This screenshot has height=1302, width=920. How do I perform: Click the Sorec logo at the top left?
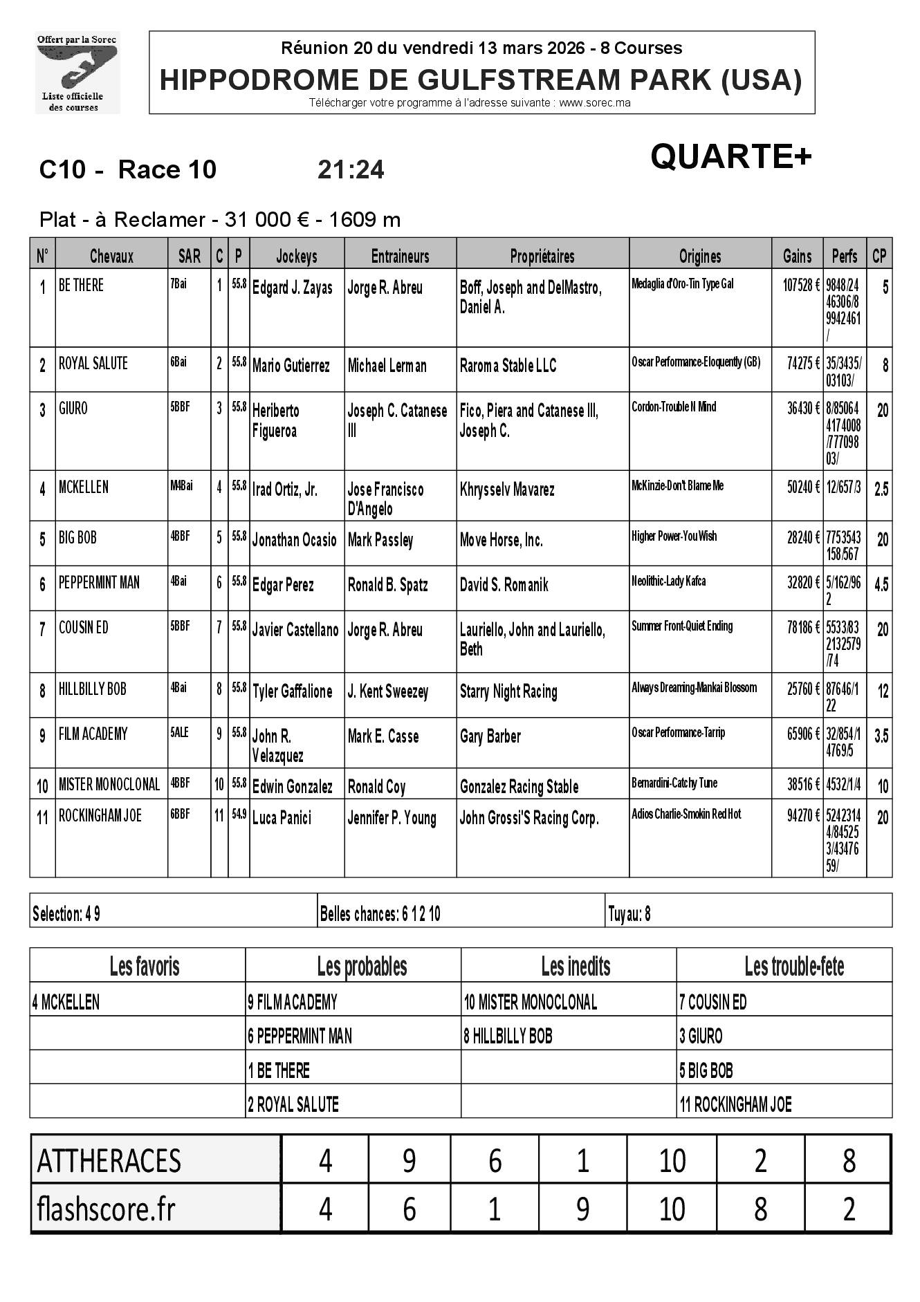pos(77,73)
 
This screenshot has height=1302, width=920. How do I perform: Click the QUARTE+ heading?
pos(730,157)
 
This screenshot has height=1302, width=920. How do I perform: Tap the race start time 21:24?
pos(351,170)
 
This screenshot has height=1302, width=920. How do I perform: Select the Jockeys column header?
pos(296,257)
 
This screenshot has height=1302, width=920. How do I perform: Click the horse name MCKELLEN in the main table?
pos(84,487)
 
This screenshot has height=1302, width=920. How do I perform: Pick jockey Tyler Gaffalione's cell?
pos(292,691)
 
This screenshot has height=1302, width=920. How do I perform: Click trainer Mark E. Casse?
pos(383,736)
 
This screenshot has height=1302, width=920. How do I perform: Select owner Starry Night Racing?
pos(508,691)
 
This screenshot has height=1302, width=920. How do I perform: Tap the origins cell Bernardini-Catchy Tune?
pos(674,783)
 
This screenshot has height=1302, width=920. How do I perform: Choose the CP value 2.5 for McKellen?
pos(881,490)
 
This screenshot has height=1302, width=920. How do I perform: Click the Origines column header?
pos(700,257)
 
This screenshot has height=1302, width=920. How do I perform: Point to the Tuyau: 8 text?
pos(629,915)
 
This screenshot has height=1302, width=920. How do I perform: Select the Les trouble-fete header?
pos(794,966)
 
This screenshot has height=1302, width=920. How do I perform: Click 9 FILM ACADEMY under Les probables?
pos(293,1002)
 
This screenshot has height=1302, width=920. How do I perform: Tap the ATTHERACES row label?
pos(109,1161)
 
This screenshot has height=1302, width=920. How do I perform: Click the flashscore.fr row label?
pos(106,1210)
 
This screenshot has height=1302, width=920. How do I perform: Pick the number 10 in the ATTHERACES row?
pos(671,1161)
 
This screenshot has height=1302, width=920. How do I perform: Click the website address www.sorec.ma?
pos(594,103)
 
